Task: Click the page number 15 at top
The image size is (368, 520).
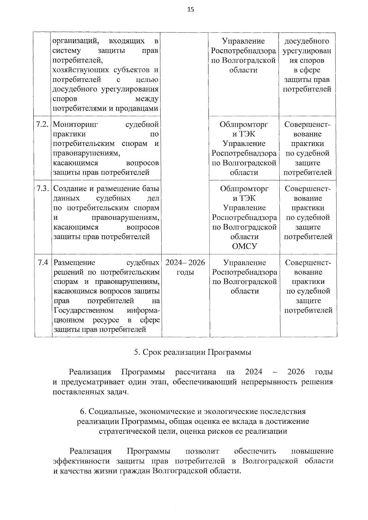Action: [190, 9]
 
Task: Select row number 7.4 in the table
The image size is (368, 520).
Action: [43, 263]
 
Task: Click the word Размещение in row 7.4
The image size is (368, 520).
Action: [74, 263]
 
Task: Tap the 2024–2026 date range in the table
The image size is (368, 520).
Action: [185, 263]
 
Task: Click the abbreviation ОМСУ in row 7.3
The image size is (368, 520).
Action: [244, 246]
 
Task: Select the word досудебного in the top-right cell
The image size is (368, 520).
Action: [307, 41]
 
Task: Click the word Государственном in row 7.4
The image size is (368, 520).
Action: [83, 310]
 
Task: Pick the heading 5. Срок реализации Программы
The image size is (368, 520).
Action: [193, 352]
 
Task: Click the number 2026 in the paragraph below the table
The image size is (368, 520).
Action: [296, 372]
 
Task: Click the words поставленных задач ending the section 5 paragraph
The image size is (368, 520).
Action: [90, 392]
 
